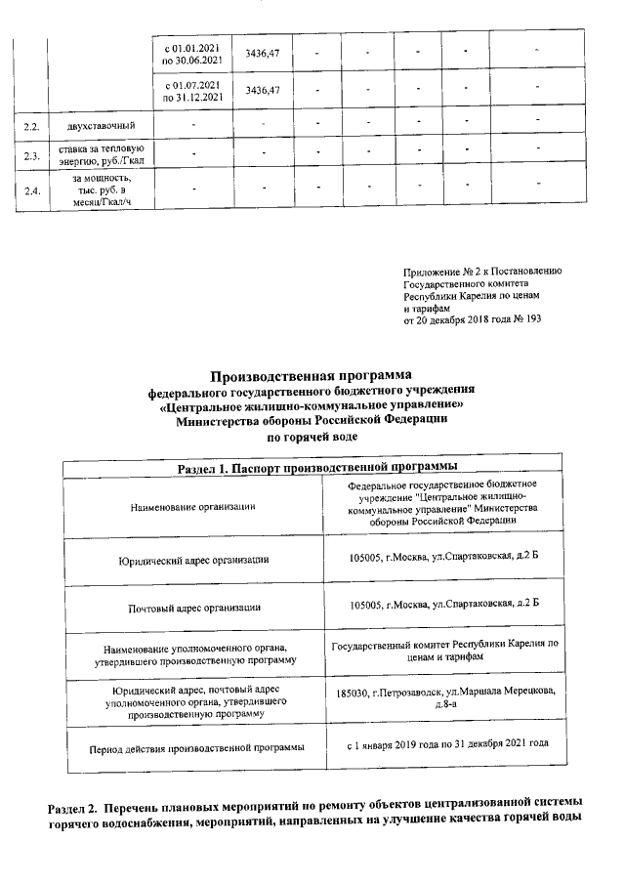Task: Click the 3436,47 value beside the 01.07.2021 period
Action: point(263,91)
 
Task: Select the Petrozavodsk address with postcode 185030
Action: point(445,696)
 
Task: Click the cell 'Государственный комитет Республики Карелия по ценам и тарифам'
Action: point(445,651)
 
